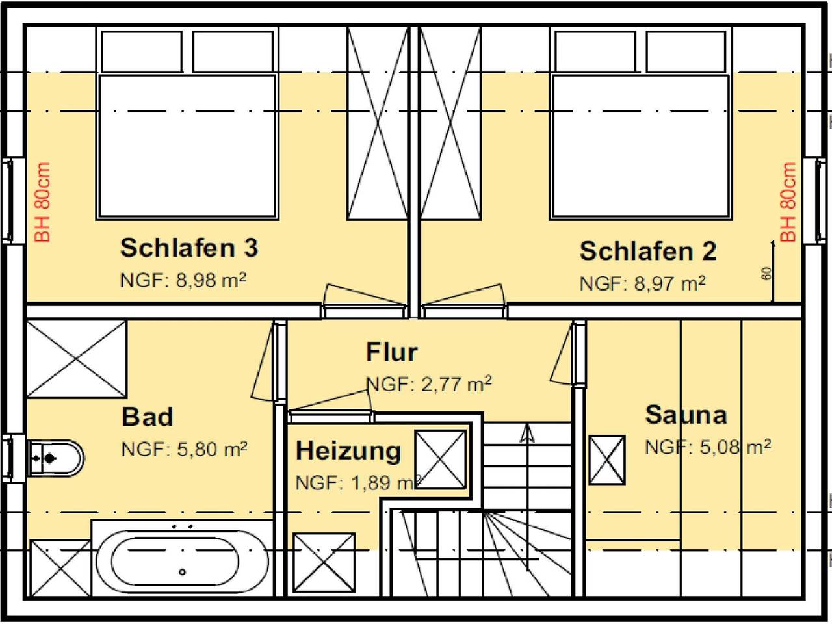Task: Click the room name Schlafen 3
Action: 189,248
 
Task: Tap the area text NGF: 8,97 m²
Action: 642,283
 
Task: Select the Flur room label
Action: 391,352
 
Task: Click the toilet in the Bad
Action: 56,458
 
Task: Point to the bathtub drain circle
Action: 183,572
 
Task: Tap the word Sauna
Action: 686,415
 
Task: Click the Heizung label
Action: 348,450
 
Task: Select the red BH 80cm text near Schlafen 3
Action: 43,203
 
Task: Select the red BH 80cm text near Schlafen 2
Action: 788,203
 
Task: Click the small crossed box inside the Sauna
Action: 607,460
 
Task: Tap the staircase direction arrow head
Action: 526,432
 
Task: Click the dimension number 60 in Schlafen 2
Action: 766,274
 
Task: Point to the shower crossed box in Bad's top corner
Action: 76,358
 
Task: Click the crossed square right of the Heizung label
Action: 441,459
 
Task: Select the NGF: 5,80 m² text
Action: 184,449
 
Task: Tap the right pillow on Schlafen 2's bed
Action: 686,51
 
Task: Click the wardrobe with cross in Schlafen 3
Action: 378,123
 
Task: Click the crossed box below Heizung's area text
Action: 324,562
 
